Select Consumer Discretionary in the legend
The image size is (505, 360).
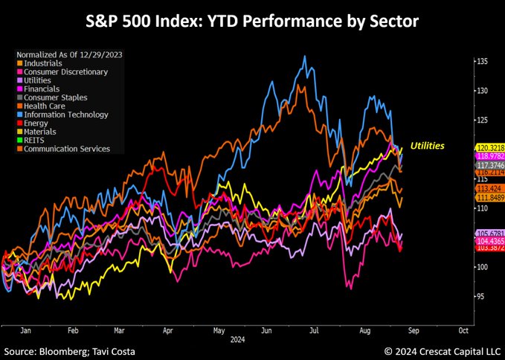pyautogui.click(x=65, y=71)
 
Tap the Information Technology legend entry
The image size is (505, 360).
pyautogui.click(x=65, y=115)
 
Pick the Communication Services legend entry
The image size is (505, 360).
pyautogui.click(x=67, y=149)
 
